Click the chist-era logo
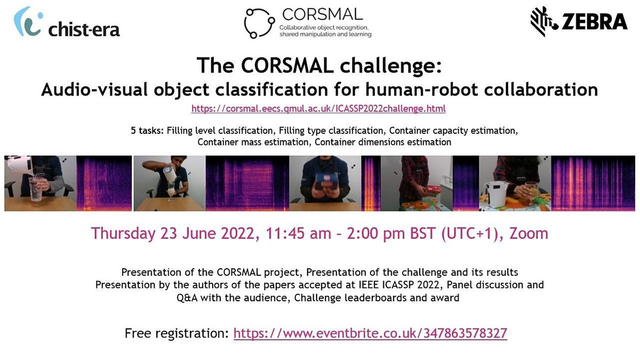[67, 24]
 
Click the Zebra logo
[579, 21]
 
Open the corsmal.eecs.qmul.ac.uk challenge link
[318, 109]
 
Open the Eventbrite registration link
[370, 334]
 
